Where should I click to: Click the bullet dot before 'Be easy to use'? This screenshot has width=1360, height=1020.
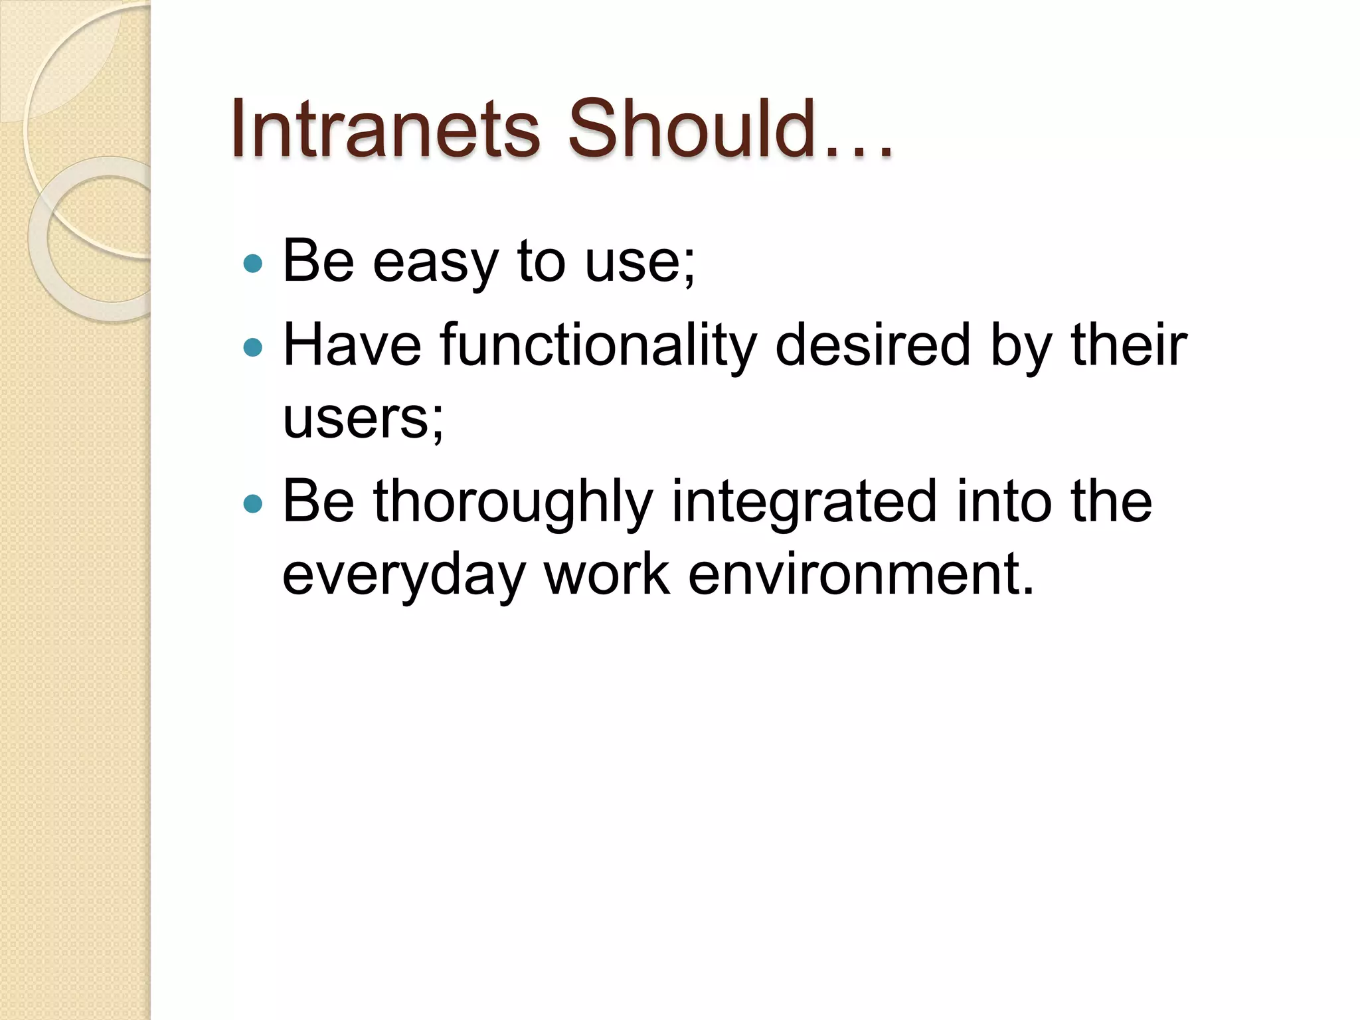tap(253, 264)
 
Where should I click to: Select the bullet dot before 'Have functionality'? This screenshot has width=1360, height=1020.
tap(253, 347)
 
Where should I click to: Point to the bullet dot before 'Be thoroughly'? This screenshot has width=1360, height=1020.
tap(253, 503)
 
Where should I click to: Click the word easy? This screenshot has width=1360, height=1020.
tap(435, 263)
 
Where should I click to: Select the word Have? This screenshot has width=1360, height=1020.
tap(352, 345)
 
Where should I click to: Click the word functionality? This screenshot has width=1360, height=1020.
tap(598, 345)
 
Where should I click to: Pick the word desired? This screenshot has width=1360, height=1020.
tap(873, 345)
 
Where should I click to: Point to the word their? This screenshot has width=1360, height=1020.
tap(1129, 345)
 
